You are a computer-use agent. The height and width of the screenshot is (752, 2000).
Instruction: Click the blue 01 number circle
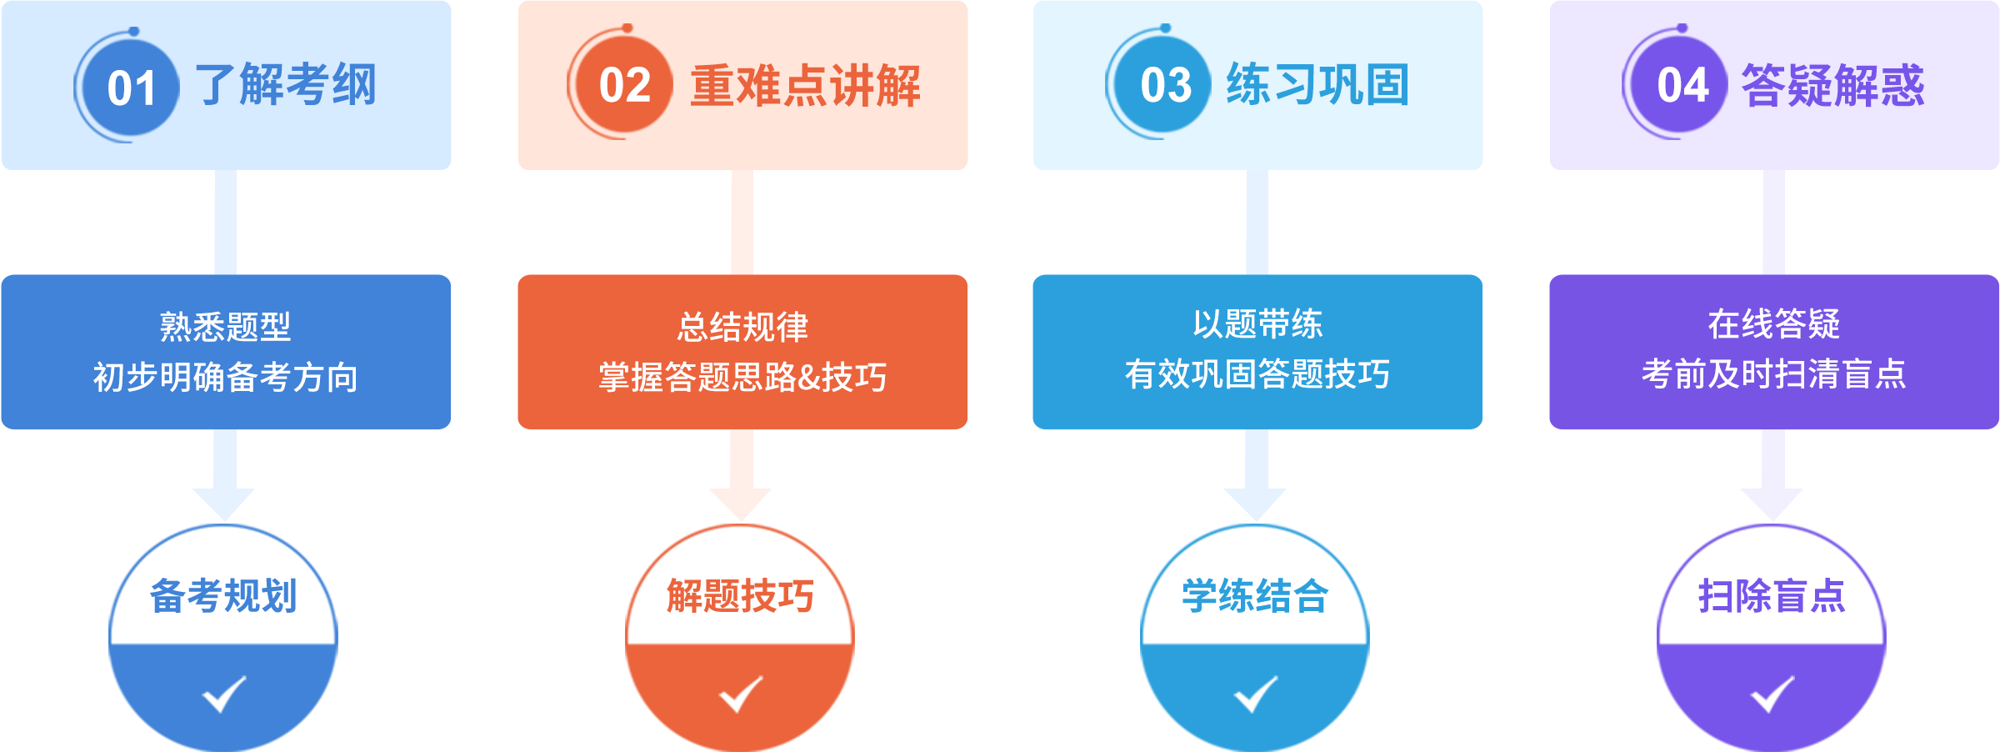[x=131, y=88]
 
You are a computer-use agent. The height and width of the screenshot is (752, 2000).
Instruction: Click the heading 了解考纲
[x=286, y=85]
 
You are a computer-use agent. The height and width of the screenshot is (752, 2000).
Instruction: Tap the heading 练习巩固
[x=1317, y=85]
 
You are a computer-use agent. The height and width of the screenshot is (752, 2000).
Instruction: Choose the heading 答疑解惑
[x=1832, y=85]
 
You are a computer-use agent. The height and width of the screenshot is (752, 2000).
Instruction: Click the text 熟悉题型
[x=225, y=326]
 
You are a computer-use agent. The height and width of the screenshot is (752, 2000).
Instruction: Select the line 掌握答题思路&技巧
[x=742, y=377]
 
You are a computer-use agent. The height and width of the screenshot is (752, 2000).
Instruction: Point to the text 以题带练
[x=1257, y=324]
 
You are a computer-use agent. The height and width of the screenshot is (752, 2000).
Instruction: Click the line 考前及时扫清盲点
[x=1773, y=373]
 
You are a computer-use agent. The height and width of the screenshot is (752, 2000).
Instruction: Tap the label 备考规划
[x=223, y=595]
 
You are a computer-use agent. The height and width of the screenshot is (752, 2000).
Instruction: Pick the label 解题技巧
[x=740, y=595]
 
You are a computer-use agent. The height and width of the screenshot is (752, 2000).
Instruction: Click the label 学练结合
[x=1255, y=595]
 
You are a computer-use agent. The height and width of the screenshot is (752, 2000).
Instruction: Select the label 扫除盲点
[x=1772, y=595]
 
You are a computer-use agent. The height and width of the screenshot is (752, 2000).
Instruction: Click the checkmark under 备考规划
[x=224, y=694]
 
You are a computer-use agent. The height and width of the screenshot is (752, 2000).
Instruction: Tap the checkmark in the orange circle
[x=741, y=694]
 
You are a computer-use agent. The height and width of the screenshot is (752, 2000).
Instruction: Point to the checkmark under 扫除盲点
[x=1772, y=694]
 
